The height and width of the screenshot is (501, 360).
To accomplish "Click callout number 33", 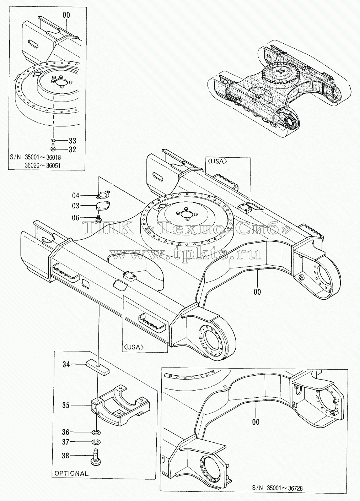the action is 72,141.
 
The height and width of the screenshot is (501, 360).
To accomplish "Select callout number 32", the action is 72,149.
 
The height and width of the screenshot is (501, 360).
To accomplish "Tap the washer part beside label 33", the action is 53,141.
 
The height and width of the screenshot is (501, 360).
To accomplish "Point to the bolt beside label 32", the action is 53,147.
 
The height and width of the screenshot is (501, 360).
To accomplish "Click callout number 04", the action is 76,196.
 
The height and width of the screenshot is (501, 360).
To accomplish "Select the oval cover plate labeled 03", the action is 103,206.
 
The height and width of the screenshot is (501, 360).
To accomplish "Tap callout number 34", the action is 66,365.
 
